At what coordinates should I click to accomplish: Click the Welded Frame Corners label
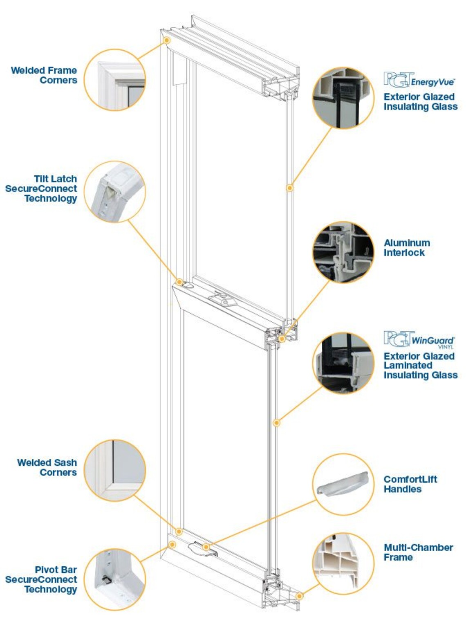click(44, 75)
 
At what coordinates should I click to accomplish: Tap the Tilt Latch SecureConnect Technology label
click(41, 188)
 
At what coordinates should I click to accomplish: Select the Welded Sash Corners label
click(47, 467)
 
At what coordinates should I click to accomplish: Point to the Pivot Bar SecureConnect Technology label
click(41, 579)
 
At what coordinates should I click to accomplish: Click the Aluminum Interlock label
click(406, 248)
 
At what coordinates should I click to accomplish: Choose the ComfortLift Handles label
click(410, 484)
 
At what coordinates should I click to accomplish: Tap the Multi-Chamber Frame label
click(418, 552)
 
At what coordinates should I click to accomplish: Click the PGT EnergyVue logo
click(419, 80)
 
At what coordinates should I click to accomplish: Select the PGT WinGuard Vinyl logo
click(419, 339)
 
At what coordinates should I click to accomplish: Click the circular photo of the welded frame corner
click(115, 80)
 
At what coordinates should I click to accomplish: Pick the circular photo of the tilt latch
click(115, 192)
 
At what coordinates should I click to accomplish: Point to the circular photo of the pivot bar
click(115, 579)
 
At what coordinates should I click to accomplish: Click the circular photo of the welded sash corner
click(115, 471)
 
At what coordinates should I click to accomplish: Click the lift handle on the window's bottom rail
click(203, 549)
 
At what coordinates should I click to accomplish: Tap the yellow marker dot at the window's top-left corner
click(167, 40)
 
